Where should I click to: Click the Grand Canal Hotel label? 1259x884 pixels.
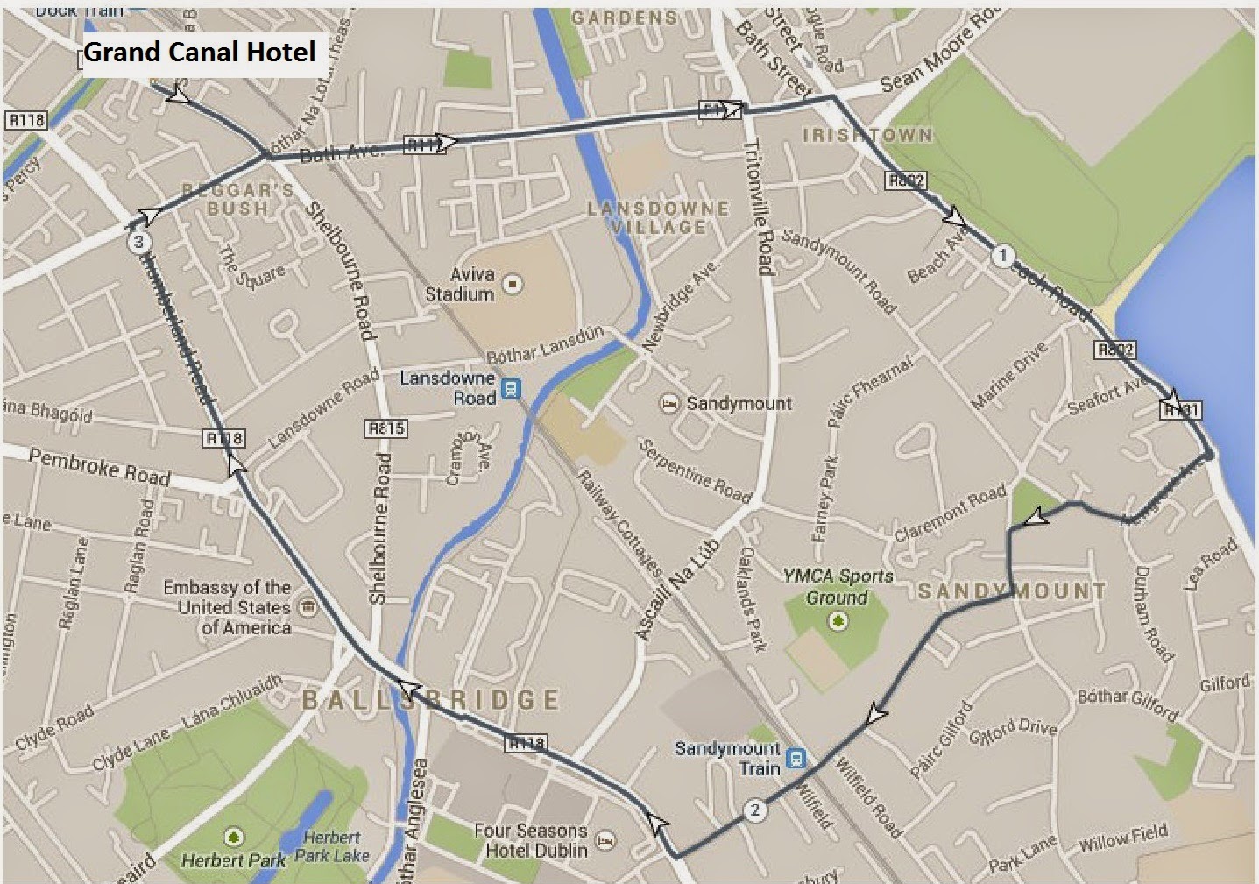click(x=199, y=53)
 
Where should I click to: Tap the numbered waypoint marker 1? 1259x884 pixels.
click(x=1002, y=256)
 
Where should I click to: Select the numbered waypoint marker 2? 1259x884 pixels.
click(x=754, y=810)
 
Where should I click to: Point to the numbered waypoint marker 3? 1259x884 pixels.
click(x=138, y=242)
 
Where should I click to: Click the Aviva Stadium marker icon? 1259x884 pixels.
click(x=513, y=284)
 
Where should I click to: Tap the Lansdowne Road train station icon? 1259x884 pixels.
click(x=511, y=388)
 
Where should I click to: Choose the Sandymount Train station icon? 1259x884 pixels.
click(x=796, y=758)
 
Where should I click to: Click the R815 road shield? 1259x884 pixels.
click(x=385, y=428)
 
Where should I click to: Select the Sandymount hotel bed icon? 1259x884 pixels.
click(x=669, y=404)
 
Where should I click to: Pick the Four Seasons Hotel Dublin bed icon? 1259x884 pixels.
click(x=605, y=841)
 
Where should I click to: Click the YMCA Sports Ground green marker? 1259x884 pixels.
click(x=838, y=621)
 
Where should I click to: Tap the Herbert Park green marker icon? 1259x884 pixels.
click(x=233, y=837)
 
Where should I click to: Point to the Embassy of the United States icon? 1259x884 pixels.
click(x=308, y=607)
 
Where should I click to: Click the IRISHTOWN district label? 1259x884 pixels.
click(x=867, y=135)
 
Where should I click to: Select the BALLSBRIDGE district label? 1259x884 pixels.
click(x=430, y=699)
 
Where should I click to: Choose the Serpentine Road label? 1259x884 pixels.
click(x=695, y=471)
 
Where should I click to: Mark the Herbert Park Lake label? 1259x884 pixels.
click(x=332, y=846)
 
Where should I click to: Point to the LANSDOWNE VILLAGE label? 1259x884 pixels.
click(x=658, y=217)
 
